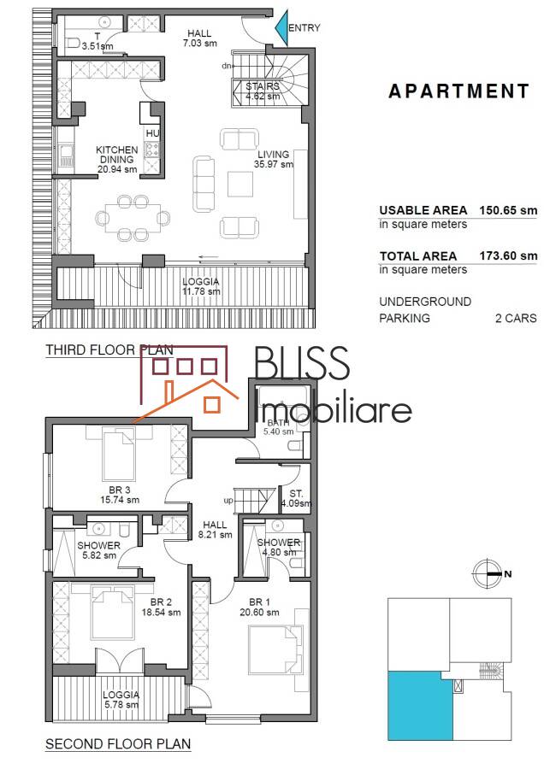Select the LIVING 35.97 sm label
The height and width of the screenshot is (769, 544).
274,160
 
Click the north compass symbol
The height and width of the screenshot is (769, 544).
489,572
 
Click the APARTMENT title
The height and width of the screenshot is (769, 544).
459,91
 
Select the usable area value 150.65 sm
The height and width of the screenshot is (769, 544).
508,210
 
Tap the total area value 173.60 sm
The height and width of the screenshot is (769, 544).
508,255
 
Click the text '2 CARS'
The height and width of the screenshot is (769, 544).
516,318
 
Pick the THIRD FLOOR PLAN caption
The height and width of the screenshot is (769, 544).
109,350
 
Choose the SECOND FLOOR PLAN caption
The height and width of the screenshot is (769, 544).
118,744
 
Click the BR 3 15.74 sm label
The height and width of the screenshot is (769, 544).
120,495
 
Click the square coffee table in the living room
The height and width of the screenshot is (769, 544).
240,184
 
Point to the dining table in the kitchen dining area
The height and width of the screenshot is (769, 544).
133,218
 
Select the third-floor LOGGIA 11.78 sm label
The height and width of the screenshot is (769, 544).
201,286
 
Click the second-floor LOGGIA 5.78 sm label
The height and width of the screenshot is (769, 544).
121,700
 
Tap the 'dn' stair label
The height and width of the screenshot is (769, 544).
227,66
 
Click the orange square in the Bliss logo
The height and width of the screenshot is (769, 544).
212,403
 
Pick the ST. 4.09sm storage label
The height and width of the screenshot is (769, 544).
296,498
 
